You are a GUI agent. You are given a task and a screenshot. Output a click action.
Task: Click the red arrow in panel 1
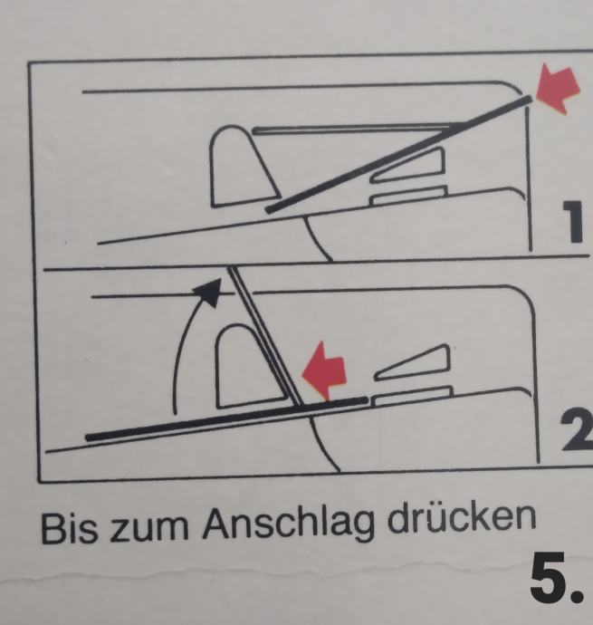(x=557, y=90)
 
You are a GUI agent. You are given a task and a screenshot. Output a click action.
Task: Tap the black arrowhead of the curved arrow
(x=209, y=292)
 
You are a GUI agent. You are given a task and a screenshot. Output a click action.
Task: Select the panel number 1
(x=573, y=222)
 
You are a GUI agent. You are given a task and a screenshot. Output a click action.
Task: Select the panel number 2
(x=577, y=432)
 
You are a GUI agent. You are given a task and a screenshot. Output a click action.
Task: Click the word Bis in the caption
(x=69, y=528)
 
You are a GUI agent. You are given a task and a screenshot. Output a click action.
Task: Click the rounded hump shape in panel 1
(x=243, y=167)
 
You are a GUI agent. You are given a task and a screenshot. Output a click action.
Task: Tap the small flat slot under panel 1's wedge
(x=407, y=196)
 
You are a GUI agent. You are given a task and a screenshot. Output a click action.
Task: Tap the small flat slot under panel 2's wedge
(x=413, y=395)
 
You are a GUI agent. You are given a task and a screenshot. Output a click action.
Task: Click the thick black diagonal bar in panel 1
(x=398, y=153)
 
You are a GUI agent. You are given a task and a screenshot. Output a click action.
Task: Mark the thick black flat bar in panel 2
(x=226, y=418)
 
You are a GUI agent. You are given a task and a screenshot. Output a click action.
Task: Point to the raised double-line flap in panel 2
(x=265, y=336)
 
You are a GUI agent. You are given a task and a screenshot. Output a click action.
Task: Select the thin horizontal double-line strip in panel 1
(x=354, y=129)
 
